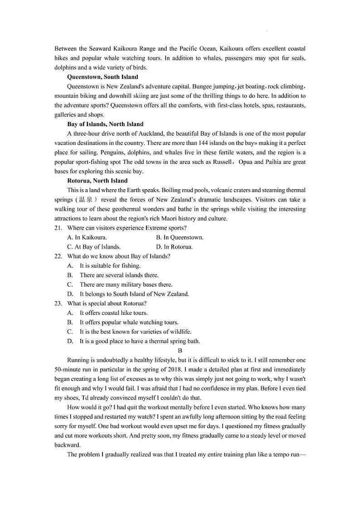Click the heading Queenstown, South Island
102,77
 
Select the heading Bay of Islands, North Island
105,124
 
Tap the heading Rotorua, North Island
97,181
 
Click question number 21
58,228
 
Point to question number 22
58,256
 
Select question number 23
58,303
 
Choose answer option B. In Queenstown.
180,238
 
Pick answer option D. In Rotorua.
174,247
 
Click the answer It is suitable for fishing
110,266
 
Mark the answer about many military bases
126,285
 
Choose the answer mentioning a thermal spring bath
139,342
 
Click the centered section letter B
180,351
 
